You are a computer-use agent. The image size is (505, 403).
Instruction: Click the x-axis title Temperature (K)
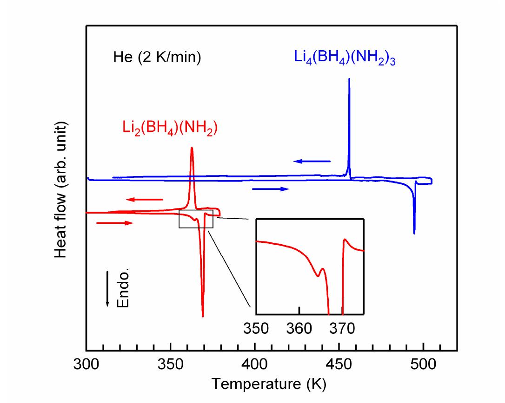point(269,383)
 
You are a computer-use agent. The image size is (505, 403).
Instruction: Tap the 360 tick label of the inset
point(299,328)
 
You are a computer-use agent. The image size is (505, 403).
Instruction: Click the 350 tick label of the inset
point(256,328)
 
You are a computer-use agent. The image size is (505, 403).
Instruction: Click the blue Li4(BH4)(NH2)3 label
point(345,59)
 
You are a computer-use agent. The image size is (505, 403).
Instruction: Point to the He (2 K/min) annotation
point(157,59)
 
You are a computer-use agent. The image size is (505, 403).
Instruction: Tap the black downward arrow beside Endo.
point(107,288)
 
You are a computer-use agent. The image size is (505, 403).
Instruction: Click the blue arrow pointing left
point(312,161)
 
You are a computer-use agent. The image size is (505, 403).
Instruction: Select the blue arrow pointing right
point(271,189)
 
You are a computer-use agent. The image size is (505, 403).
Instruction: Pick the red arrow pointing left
point(145,200)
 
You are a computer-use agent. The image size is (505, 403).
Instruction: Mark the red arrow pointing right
point(115,223)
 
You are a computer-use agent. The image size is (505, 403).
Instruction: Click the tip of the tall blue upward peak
point(349,79)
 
